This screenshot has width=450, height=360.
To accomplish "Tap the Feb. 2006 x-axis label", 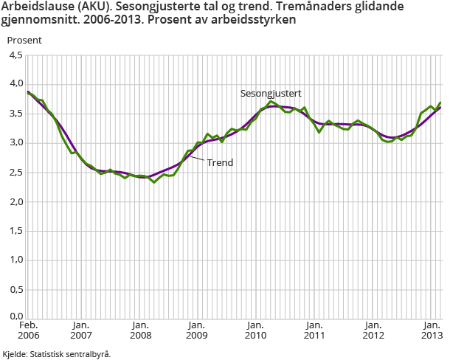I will click(29, 330).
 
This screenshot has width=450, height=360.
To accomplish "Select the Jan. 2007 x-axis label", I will click(81, 330).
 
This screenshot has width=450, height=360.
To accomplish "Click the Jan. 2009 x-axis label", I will click(195, 330).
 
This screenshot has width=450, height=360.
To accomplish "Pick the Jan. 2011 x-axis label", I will click(314, 330).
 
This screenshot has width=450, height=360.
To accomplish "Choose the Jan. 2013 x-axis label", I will click(430, 330).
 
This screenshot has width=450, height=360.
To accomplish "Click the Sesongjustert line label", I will click(271, 94).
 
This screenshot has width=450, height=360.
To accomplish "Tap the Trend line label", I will click(220, 162).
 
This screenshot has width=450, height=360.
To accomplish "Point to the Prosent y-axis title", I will click(24, 40).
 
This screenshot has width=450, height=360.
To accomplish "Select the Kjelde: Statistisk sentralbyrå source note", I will click(57, 353).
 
